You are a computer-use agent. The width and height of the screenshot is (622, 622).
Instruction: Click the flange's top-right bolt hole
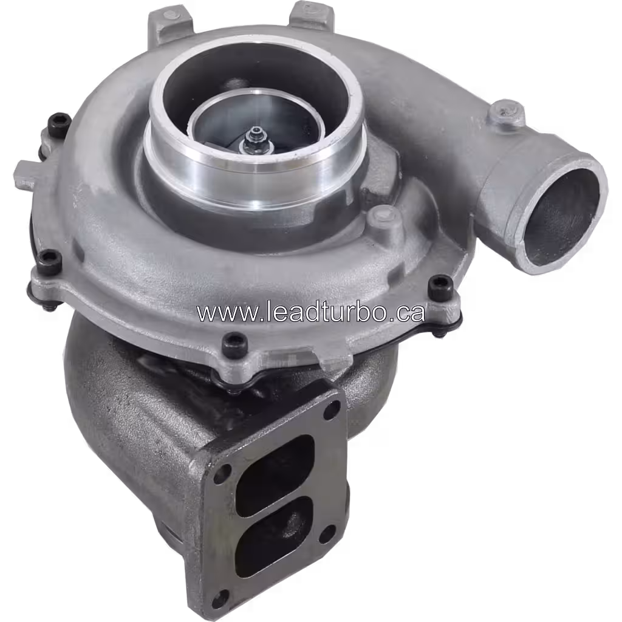click(332, 410)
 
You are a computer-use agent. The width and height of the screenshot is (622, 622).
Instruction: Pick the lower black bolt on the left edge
click(51, 261)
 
